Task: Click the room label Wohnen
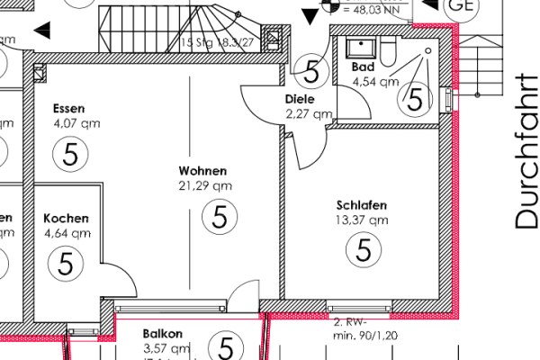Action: pyautogui.click(x=202, y=171)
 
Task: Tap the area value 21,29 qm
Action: pyautogui.click(x=205, y=186)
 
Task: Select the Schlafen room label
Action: pyautogui.click(x=363, y=204)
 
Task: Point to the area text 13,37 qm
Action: pyautogui.click(x=363, y=219)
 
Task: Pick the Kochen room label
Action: pyautogui.click(x=66, y=219)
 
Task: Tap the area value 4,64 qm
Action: pyautogui.click(x=67, y=233)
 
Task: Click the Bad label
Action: pyautogui.click(x=363, y=67)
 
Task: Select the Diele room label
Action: pyautogui.click(x=300, y=99)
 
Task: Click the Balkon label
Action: pyautogui.click(x=163, y=333)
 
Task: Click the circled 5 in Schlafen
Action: pyautogui.click(x=364, y=249)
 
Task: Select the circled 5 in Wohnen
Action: pyautogui.click(x=217, y=216)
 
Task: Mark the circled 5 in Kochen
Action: pyautogui.click(x=66, y=264)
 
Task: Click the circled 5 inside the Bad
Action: pyautogui.click(x=415, y=97)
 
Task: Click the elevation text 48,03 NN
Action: pyautogui.click(x=370, y=12)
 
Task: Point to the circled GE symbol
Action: pyautogui.click(x=462, y=4)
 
